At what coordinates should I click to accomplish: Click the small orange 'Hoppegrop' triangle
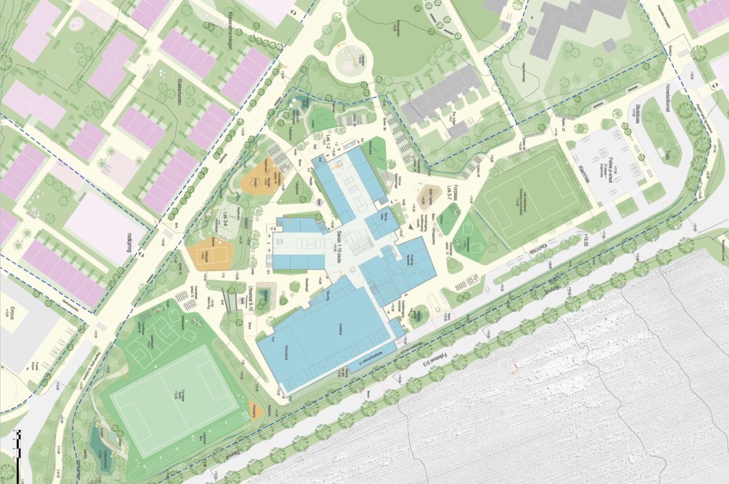(255, 410)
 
